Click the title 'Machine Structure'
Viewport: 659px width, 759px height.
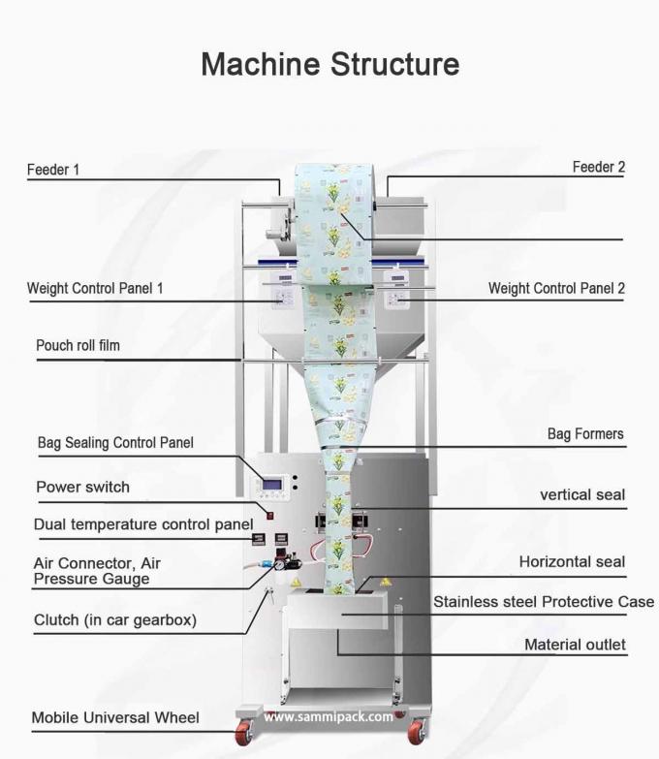coord(329,64)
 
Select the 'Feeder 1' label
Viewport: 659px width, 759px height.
coord(52,170)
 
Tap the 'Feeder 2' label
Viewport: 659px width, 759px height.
coord(598,167)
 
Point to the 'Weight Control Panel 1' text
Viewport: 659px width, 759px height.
coord(95,288)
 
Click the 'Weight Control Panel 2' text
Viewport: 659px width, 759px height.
coord(556,288)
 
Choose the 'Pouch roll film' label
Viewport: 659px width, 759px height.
coord(78,345)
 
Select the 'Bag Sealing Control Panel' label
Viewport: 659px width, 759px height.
coord(115,443)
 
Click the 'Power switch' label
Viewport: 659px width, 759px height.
coord(82,487)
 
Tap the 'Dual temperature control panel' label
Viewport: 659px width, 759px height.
coord(136,524)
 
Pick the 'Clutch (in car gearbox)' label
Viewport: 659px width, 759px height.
coord(114,619)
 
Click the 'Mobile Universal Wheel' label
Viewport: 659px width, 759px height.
coord(115,718)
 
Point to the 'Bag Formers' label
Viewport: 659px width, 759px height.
coord(585,434)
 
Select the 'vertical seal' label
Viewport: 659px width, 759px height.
coord(581,494)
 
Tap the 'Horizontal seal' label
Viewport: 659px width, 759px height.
coord(572,561)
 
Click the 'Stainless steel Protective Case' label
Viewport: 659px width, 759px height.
coord(544,602)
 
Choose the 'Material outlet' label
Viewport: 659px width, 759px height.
coord(575,644)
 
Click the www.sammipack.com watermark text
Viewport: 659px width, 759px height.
coord(329,717)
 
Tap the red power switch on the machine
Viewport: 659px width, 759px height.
coord(271,515)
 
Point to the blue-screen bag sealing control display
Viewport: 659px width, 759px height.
coord(275,486)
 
